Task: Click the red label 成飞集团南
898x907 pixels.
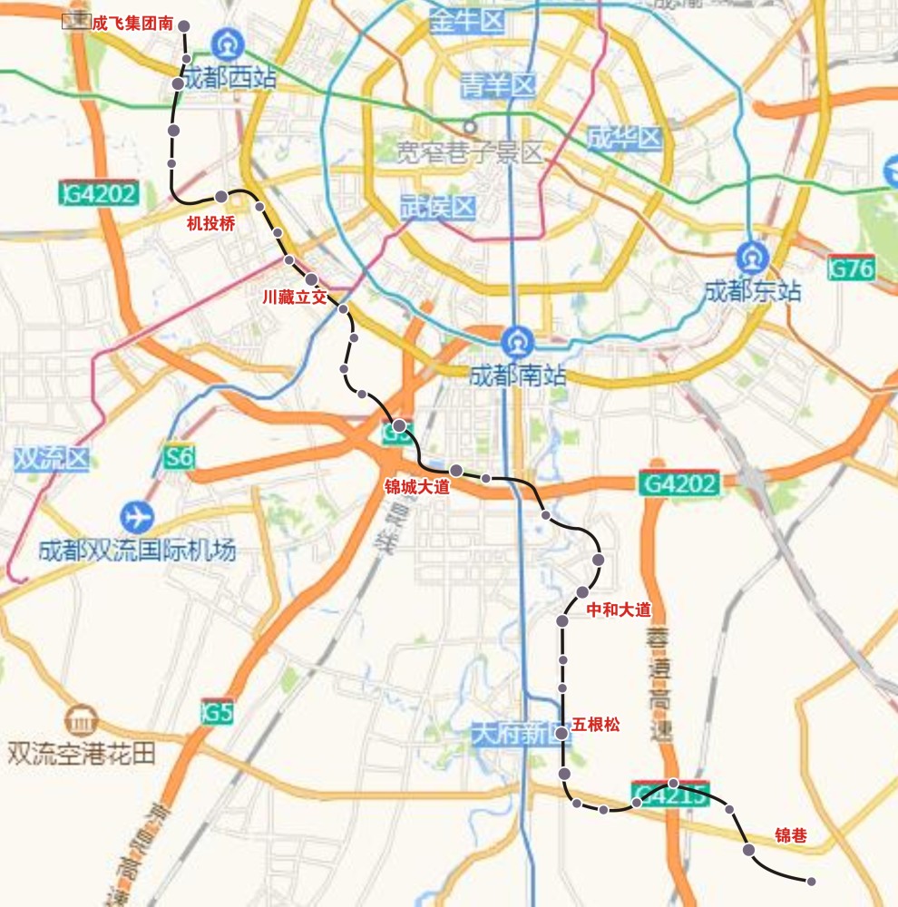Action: point(132,24)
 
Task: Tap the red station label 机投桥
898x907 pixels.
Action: point(210,224)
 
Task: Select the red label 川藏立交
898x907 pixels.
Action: point(293,297)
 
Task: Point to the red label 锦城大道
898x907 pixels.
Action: point(417,487)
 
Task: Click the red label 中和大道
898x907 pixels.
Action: point(619,610)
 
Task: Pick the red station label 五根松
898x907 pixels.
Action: point(596,725)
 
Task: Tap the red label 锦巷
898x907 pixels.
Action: point(790,835)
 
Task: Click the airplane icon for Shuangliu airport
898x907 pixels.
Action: point(137,517)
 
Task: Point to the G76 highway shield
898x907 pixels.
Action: point(852,268)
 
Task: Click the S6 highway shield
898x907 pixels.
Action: point(179,457)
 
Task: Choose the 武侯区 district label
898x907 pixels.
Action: point(438,208)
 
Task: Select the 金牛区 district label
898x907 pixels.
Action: point(467,20)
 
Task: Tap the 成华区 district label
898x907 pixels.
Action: point(624,139)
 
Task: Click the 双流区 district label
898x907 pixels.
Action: point(52,459)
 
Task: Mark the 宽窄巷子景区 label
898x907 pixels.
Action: point(471,151)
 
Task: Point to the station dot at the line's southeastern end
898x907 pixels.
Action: point(811,882)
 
